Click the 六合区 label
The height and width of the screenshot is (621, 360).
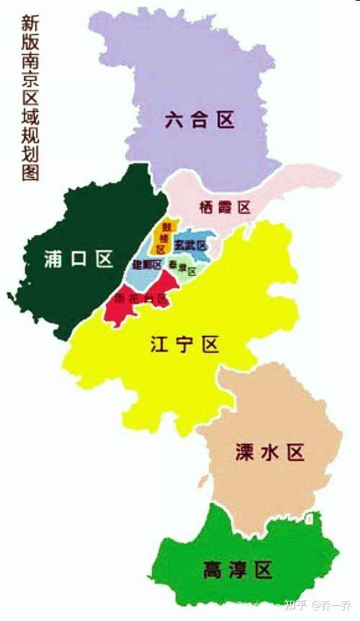click(199, 120)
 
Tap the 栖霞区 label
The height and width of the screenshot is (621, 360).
click(224, 207)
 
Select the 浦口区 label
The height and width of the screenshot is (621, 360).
click(78, 260)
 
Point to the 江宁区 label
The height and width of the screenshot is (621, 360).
click(184, 344)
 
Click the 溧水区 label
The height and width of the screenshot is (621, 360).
click(270, 452)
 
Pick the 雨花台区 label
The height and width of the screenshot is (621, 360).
click(141, 298)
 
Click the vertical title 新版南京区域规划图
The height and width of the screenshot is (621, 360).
click(30, 97)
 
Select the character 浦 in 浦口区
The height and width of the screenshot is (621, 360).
click(53, 260)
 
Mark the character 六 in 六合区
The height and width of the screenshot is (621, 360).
click(173, 120)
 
